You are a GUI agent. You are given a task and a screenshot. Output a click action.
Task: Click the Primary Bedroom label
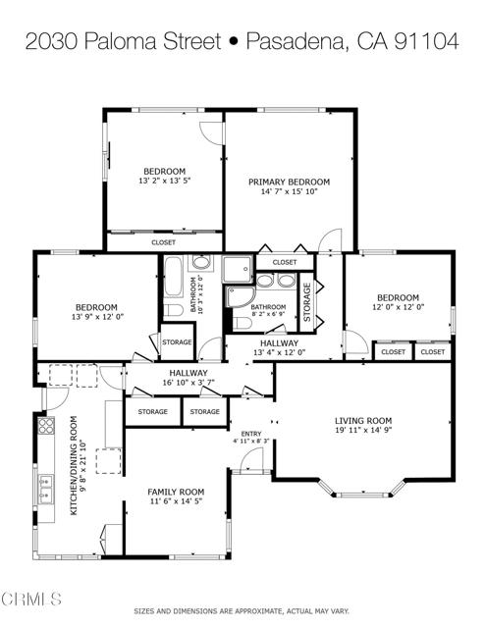(x=289, y=183)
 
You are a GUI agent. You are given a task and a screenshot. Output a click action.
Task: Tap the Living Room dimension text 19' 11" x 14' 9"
(x=363, y=430)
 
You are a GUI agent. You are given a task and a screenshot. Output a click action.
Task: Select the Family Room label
(x=176, y=492)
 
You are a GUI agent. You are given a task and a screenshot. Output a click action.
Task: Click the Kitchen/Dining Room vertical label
(x=74, y=465)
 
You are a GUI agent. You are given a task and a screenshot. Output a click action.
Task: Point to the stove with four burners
(x=46, y=426)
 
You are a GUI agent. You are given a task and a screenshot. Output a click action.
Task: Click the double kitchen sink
(x=46, y=490)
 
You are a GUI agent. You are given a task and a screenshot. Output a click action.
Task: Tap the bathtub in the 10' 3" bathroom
(x=173, y=277)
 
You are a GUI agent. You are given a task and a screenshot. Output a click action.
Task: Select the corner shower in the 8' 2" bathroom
(x=240, y=296)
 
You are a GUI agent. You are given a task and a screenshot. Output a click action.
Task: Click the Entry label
(x=251, y=434)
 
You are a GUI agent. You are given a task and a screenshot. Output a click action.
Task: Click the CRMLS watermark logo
(x=30, y=600)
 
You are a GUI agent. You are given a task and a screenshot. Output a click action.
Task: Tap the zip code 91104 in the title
(x=426, y=41)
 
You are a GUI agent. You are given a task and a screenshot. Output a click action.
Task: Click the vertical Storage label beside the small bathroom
(x=307, y=302)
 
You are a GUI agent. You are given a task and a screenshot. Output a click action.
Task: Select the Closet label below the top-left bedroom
(x=164, y=242)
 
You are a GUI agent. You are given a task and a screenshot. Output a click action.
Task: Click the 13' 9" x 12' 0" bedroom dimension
(x=96, y=316)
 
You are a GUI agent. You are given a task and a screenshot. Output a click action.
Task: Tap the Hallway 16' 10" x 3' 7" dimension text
(x=189, y=382)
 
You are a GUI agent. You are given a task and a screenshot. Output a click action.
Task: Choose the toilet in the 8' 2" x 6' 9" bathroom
(x=242, y=323)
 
